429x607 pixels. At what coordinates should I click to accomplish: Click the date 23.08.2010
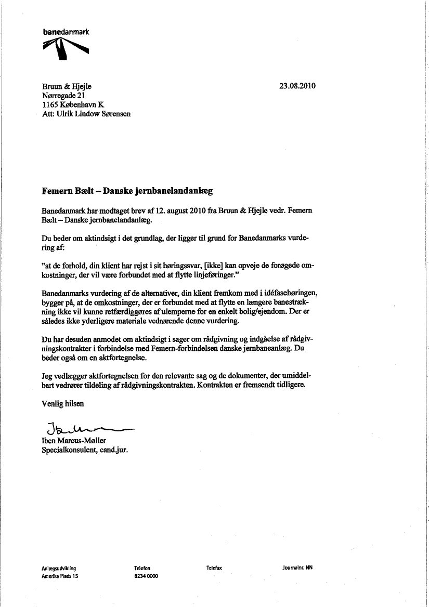[297, 86]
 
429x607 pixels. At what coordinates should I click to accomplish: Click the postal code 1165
[50, 104]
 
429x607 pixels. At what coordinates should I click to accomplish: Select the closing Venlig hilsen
[62, 403]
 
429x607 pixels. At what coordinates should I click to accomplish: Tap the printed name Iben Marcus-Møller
[74, 441]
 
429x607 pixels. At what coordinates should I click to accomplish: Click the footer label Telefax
[214, 568]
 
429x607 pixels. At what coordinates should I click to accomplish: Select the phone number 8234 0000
[146, 576]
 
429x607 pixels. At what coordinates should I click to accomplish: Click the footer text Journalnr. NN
[297, 568]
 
